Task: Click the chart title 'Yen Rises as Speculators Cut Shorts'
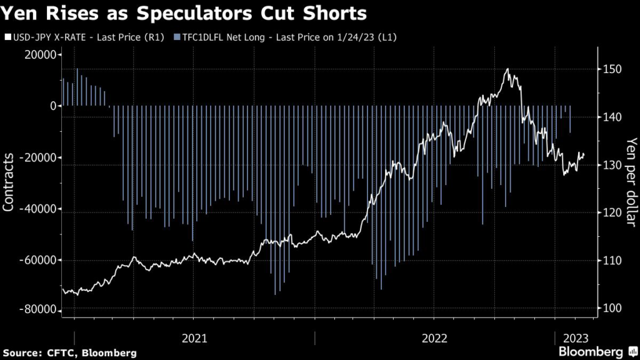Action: pos(184,13)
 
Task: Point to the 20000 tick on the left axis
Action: pos(39,55)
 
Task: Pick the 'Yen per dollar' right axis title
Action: pos(631,183)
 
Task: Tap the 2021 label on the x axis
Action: pos(194,338)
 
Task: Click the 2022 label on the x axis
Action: pos(435,338)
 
